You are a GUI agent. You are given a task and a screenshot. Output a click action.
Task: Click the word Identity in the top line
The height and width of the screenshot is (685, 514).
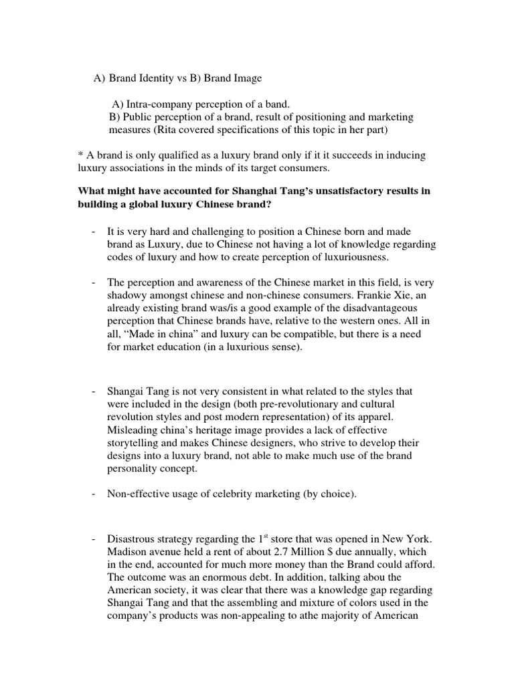tap(155, 79)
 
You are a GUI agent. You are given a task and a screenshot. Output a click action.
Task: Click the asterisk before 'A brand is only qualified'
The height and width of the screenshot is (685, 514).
tap(81, 155)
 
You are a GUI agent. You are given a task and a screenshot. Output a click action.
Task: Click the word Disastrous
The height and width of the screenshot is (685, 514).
tap(133, 539)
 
